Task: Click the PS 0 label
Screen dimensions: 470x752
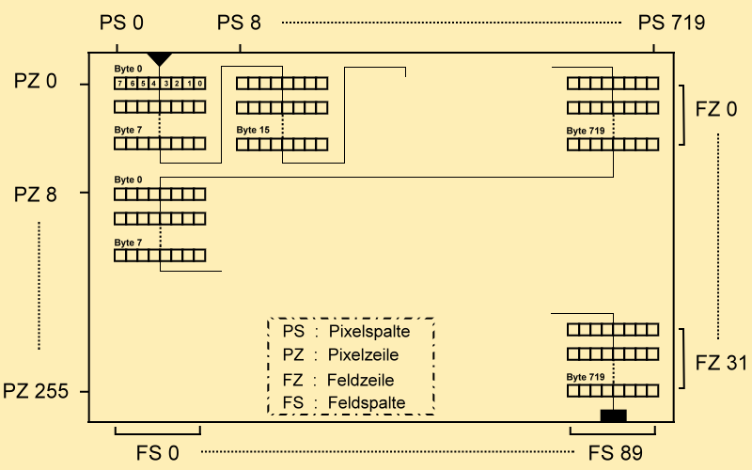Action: click(x=121, y=23)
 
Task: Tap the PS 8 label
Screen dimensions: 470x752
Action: click(x=242, y=23)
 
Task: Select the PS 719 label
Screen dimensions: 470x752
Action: click(x=670, y=23)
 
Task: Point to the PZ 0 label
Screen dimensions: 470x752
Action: click(x=36, y=82)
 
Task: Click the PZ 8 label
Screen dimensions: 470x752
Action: click(x=36, y=196)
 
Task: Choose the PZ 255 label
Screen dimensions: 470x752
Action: click(x=36, y=391)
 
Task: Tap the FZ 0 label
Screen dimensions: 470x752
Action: click(x=716, y=109)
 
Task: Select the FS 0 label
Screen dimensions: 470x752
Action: click(x=157, y=452)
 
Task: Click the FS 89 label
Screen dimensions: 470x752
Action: click(x=616, y=452)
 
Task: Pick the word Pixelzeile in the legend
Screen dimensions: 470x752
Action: click(x=364, y=355)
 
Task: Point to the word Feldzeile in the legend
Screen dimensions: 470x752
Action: click(x=361, y=380)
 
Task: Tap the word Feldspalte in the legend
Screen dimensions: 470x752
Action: click(x=367, y=403)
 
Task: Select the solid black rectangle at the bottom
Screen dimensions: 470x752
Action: click(x=613, y=415)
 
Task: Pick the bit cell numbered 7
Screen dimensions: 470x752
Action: click(x=119, y=84)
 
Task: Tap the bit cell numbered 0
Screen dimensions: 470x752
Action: click(x=199, y=84)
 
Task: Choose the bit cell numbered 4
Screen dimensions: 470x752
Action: click(x=153, y=84)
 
